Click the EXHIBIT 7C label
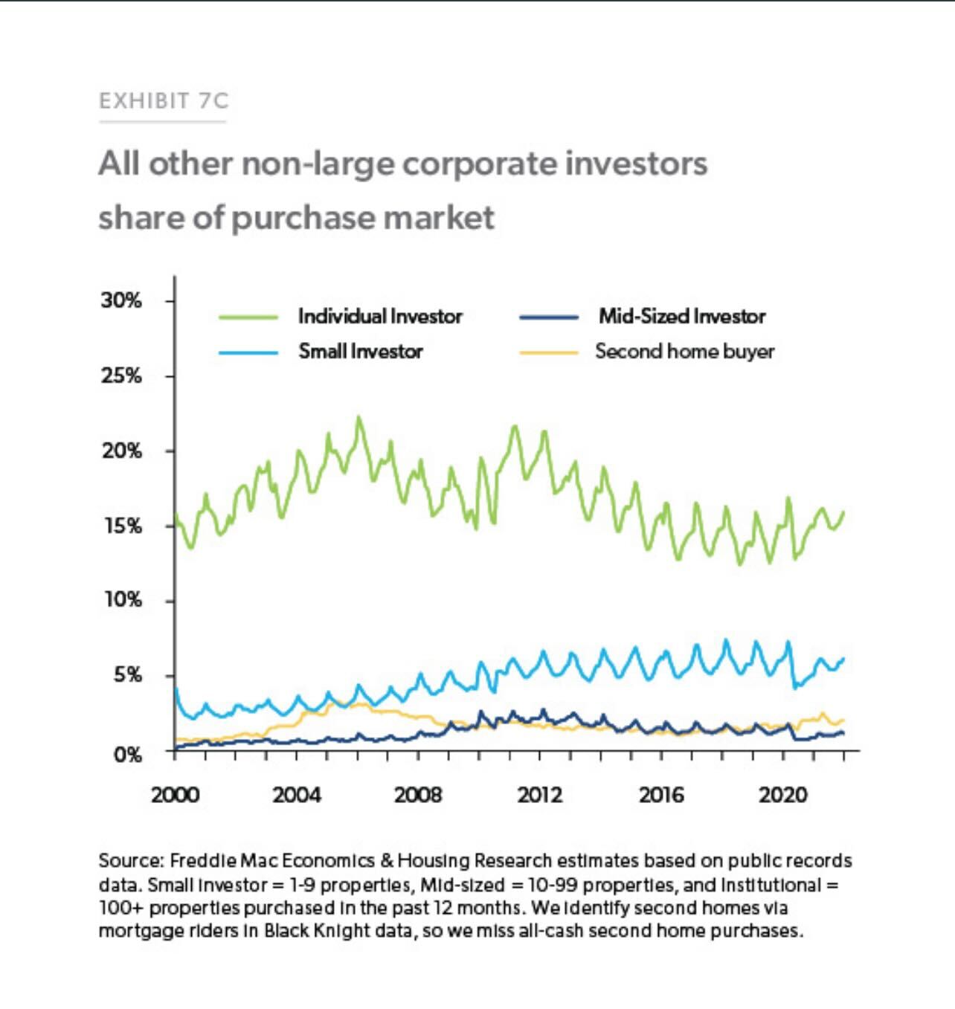coord(164,100)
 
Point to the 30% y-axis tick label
coord(121,300)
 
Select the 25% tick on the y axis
coord(121,375)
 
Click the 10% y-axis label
coord(123,599)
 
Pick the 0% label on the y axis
coord(127,755)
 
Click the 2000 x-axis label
coord(175,795)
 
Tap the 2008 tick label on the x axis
coord(417,795)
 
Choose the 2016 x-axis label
coord(660,795)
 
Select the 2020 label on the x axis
coord(782,795)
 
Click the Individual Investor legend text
coord(380,317)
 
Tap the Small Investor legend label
coord(361,351)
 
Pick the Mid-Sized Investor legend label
coord(682,317)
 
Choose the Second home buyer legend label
coord(684,351)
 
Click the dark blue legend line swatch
coord(549,317)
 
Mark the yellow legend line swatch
coord(549,352)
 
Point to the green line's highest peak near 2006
coord(358,418)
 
